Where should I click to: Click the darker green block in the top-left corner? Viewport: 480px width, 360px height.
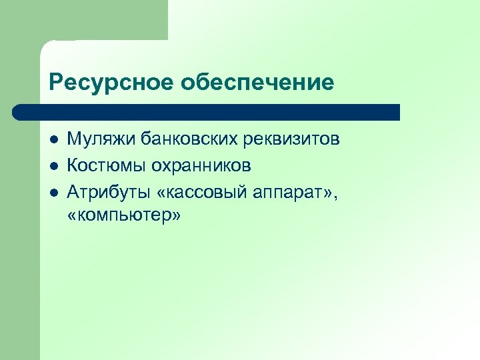tap(83, 20)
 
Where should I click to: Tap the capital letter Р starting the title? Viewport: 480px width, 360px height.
tap(55, 83)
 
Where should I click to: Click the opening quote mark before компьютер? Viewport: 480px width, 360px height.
tap(73, 215)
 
